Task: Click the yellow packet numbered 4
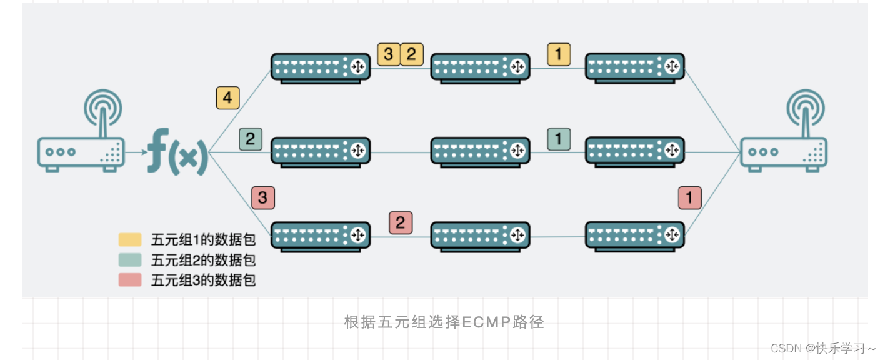[227, 98]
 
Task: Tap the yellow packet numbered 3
[388, 54]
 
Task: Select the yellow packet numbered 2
[411, 54]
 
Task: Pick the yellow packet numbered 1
[559, 54]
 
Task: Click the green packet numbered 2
[250, 139]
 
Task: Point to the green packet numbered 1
[559, 138]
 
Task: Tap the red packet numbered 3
[262, 198]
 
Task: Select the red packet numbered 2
[401, 222]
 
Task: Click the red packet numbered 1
[689, 198]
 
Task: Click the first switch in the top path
[321, 67]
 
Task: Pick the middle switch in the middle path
[480, 152]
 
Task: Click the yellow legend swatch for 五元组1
[130, 240]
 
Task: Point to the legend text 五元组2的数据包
[203, 260]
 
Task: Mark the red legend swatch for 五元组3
[130, 280]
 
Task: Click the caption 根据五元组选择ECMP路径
[444, 322]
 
